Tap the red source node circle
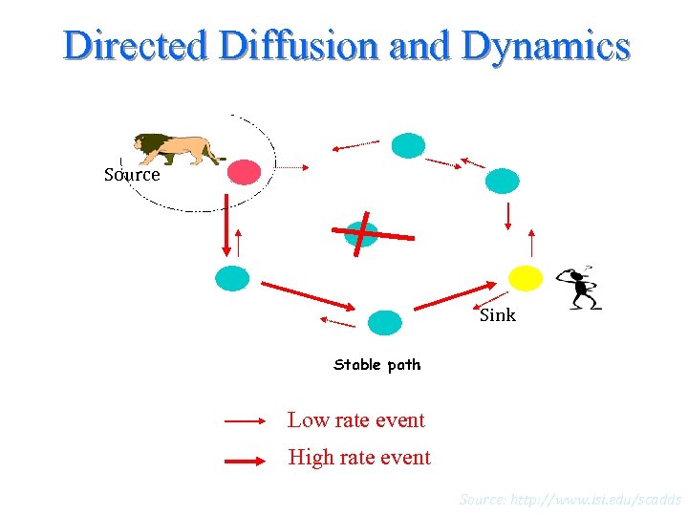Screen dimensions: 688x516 (x=245, y=172)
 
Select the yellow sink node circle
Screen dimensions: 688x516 (x=525, y=278)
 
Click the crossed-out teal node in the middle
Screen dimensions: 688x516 (x=362, y=232)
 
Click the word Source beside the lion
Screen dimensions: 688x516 (x=132, y=175)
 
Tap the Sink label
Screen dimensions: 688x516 (x=497, y=315)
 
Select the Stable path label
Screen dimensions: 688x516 (x=376, y=364)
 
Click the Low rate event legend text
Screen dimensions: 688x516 (x=355, y=419)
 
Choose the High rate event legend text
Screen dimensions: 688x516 (x=359, y=458)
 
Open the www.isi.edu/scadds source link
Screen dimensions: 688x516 (x=570, y=499)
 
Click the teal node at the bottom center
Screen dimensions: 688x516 (x=385, y=323)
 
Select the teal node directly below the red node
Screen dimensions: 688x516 (x=232, y=278)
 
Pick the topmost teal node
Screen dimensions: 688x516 (x=408, y=145)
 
